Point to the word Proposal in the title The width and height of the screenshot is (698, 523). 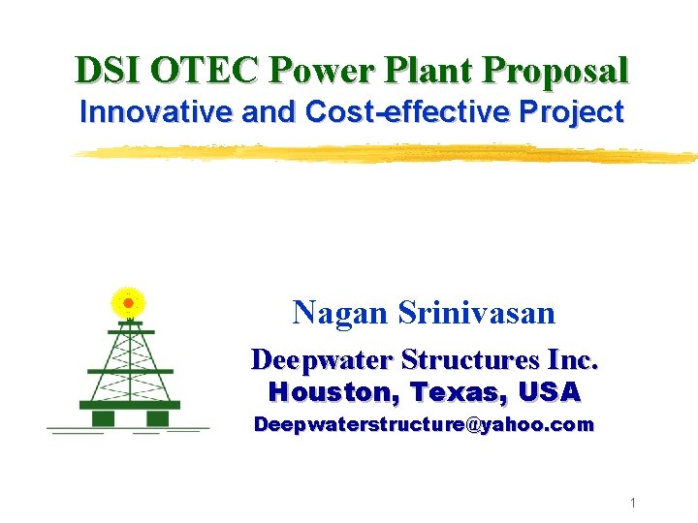click(x=557, y=71)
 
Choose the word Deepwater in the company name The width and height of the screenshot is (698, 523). click(x=321, y=360)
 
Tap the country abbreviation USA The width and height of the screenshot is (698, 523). click(x=550, y=392)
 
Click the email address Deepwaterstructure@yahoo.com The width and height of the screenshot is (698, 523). click(x=423, y=425)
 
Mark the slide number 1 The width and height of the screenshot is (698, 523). click(x=631, y=503)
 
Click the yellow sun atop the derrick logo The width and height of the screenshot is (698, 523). click(x=128, y=301)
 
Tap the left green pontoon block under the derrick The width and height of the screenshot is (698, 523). click(x=103, y=417)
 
